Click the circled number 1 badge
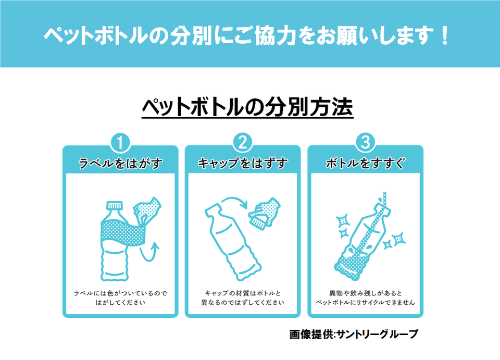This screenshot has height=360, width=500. pos(120,142)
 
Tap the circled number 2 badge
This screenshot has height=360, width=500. pos(243,142)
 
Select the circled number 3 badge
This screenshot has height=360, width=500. pos(365,142)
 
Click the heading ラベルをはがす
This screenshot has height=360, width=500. pos(120,164)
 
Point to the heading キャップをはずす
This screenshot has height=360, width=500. pos(243,164)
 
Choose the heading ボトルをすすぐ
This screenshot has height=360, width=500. pos(365,164)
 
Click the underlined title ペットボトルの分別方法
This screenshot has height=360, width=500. pos(248,108)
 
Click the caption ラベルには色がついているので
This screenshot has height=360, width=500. pos(120,293)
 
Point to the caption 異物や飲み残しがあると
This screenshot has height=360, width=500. pos(365,293)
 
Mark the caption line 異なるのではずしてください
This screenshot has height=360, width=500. pos(243,303)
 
